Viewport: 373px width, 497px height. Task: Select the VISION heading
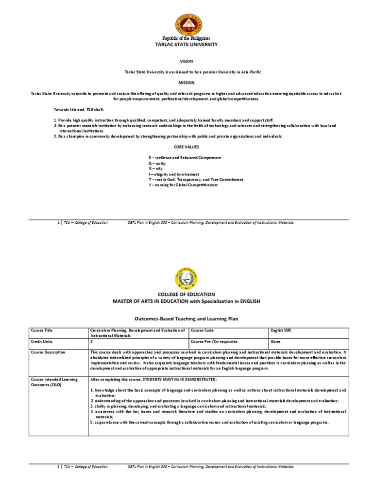point(186,62)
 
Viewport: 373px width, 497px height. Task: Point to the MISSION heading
point(186,83)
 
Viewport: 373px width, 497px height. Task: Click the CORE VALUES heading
point(186,146)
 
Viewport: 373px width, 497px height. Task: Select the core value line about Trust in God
point(196,179)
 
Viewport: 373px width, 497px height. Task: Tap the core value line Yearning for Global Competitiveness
point(183,184)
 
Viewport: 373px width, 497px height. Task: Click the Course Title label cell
point(41,330)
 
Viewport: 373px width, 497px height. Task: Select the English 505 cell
point(282,330)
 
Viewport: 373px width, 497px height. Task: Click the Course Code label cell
point(203,330)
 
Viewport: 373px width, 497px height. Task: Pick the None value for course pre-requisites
point(276,341)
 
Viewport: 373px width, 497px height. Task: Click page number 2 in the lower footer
point(58,466)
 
